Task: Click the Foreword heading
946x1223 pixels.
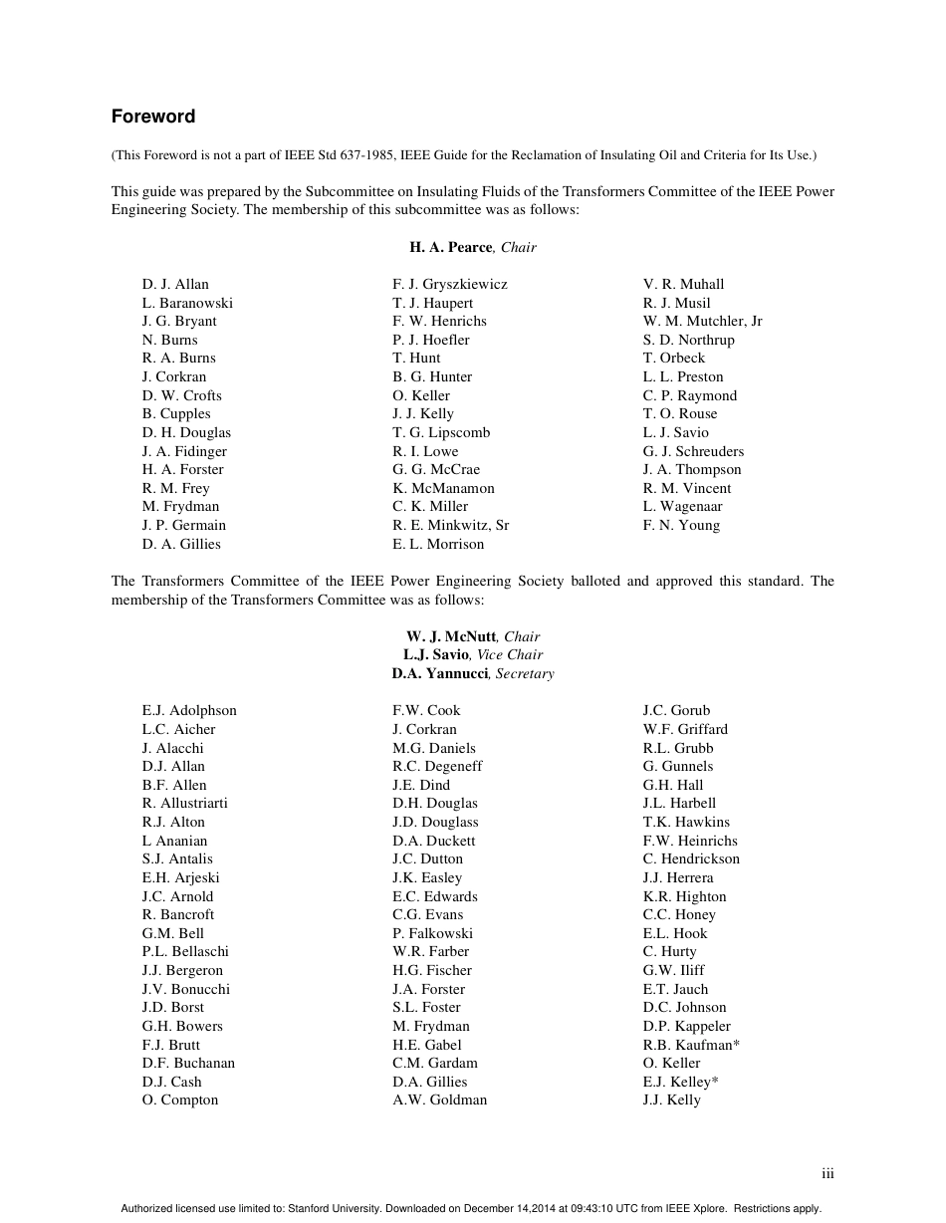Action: point(153,117)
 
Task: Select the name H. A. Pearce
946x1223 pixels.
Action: point(450,247)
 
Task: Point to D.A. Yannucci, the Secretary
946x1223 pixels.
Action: point(439,673)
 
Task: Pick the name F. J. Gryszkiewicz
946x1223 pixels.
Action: point(449,284)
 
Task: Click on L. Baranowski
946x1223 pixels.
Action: point(187,303)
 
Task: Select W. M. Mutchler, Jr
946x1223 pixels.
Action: point(702,321)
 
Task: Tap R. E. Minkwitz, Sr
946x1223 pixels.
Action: point(450,525)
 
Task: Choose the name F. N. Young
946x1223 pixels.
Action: point(681,525)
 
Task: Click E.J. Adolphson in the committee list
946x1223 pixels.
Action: point(189,710)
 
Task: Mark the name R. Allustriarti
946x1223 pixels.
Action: point(185,803)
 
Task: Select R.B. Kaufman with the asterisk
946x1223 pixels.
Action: point(690,1045)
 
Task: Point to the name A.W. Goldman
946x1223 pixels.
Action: point(439,1100)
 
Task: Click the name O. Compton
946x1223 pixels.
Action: point(180,1100)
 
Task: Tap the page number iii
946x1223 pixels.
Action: point(828,1173)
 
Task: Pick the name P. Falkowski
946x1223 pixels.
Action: point(432,933)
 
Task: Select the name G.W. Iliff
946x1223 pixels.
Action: point(673,970)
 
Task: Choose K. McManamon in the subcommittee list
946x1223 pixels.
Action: point(443,488)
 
